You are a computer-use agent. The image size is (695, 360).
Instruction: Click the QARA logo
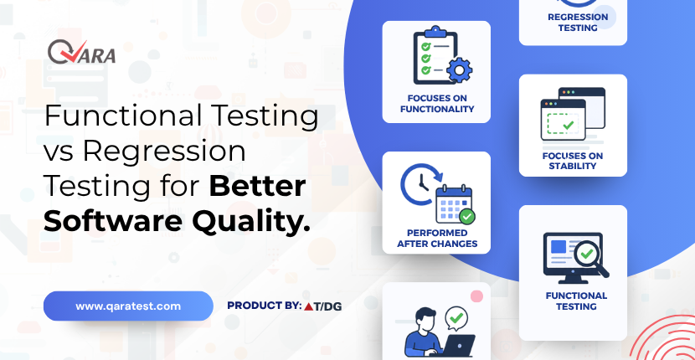click(82, 51)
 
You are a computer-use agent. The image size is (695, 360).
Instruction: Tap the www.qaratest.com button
click(128, 306)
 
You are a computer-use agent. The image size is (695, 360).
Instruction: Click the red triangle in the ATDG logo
click(308, 306)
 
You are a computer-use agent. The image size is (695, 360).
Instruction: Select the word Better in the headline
click(258, 186)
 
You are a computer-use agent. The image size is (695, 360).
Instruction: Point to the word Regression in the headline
click(164, 152)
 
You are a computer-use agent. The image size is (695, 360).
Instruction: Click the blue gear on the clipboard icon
click(459, 69)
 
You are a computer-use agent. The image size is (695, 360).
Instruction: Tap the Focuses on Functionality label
click(436, 103)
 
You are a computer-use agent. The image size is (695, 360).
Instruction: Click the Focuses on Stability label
click(572, 161)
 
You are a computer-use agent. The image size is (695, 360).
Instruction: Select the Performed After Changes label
click(436, 238)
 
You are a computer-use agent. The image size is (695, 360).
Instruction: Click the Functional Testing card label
click(576, 301)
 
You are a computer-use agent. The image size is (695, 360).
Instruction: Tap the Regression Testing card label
click(578, 22)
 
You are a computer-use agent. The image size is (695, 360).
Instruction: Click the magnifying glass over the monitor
click(590, 258)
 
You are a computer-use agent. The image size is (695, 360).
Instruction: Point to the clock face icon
click(419, 183)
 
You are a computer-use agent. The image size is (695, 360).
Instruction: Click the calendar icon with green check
click(455, 205)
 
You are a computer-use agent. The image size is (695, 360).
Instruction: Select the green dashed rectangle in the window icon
click(563, 124)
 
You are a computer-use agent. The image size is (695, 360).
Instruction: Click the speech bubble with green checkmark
click(456, 318)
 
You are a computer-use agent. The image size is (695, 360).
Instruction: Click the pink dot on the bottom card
click(476, 296)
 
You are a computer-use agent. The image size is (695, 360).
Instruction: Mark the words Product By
click(264, 306)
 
